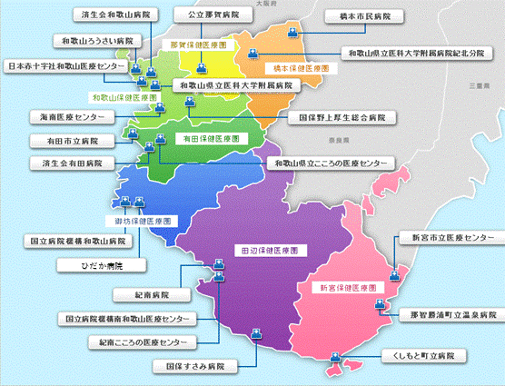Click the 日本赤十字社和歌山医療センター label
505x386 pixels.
[x=66, y=66]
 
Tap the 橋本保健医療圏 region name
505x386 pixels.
[x=289, y=68]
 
